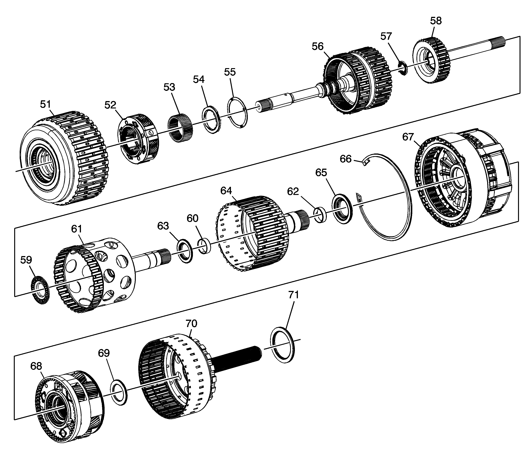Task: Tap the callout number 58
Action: click(436, 21)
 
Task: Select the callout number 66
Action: click(346, 159)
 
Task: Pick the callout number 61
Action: click(77, 229)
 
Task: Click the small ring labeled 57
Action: click(402, 68)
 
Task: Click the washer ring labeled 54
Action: click(212, 120)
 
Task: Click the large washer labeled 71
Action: click(283, 345)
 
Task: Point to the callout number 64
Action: click(226, 191)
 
